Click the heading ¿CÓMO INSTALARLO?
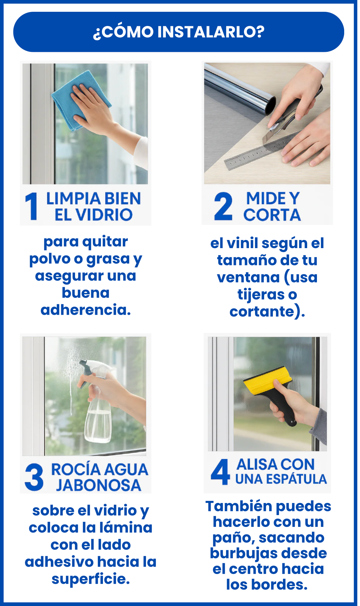click(x=179, y=32)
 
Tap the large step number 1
click(x=31, y=206)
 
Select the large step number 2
click(x=223, y=206)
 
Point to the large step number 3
click(x=34, y=476)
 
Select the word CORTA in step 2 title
click(x=272, y=215)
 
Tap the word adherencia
click(x=86, y=310)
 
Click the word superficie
click(x=91, y=579)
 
